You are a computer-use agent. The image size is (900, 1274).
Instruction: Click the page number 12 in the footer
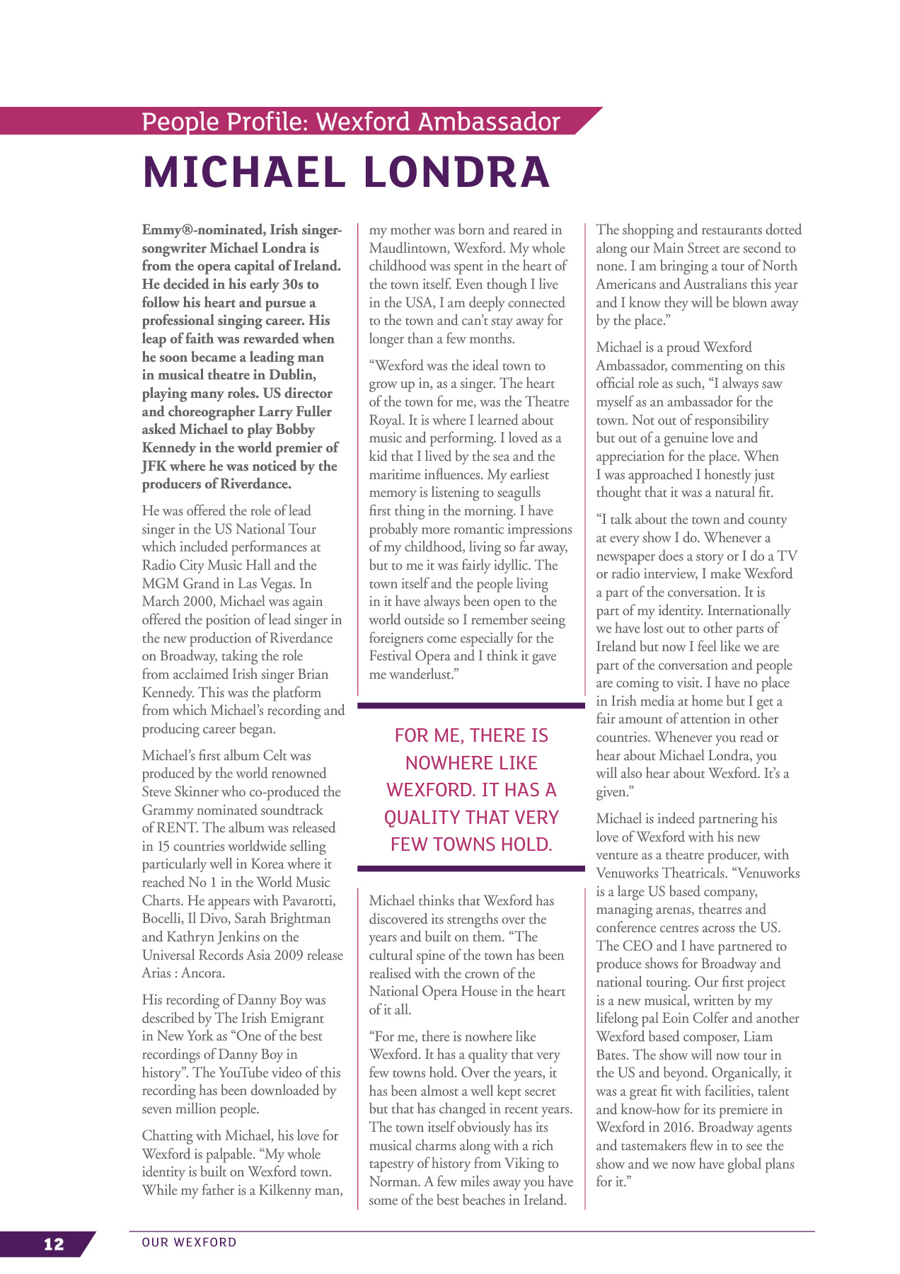(x=54, y=1244)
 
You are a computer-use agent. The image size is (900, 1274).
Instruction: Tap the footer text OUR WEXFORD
(x=189, y=1242)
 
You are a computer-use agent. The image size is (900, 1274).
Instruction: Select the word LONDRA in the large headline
(x=456, y=172)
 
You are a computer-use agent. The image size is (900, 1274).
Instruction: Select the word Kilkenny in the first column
(x=284, y=1190)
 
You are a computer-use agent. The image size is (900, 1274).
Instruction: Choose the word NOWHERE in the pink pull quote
(x=471, y=763)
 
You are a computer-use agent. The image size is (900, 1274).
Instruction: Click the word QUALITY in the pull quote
(x=421, y=817)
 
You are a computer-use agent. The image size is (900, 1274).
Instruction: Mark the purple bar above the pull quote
(x=471, y=706)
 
